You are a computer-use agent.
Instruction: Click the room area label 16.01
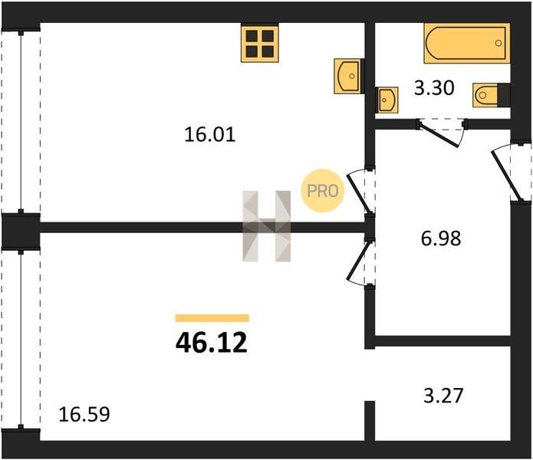209,134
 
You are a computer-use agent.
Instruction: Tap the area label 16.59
84,415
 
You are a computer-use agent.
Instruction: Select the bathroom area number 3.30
434,88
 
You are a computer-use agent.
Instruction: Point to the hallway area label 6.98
441,238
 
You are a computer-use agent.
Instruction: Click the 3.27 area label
443,396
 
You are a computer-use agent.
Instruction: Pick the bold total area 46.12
212,343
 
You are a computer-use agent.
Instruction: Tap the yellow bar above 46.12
212,318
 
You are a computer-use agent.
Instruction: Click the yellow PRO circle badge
323,191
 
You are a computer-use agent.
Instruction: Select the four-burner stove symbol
260,43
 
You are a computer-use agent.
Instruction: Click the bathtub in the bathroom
467,43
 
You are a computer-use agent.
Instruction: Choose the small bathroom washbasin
387,100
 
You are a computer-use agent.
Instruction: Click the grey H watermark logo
267,226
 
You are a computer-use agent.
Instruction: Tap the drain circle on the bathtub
498,43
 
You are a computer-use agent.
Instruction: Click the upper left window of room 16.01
21,121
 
